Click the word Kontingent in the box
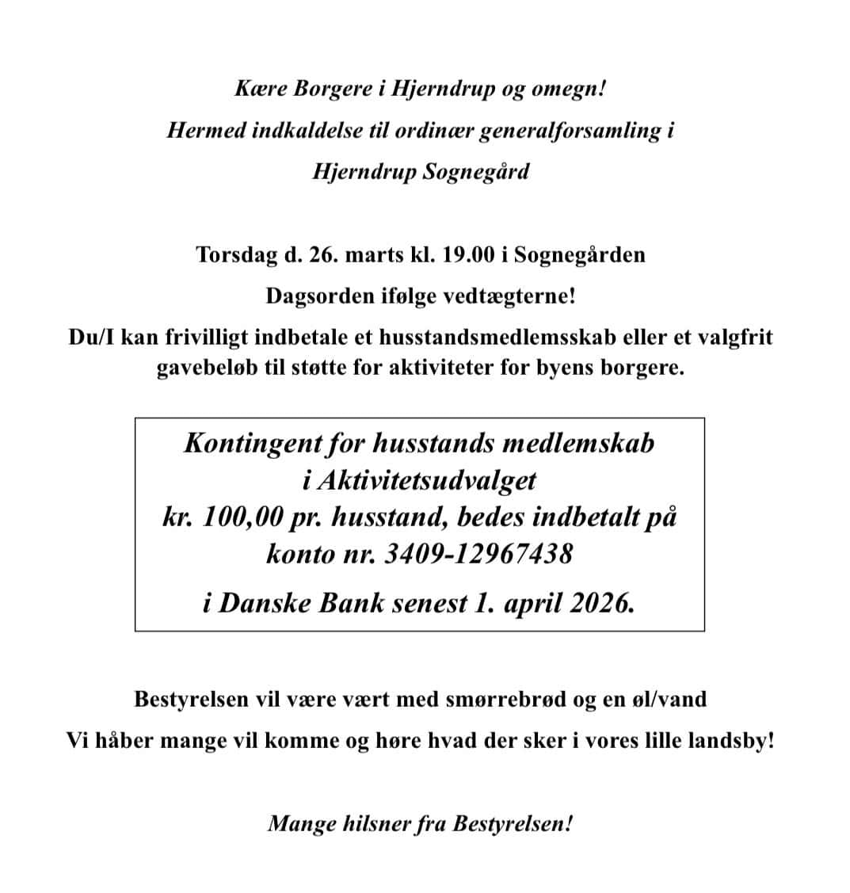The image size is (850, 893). [x=252, y=442]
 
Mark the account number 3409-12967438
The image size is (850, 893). [x=478, y=553]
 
